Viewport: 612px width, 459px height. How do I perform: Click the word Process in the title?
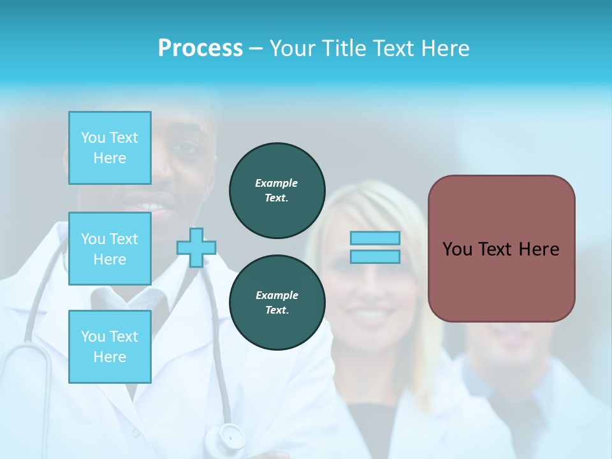pyautogui.click(x=200, y=48)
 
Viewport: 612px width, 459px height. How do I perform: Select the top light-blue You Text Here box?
pyautogui.click(x=110, y=148)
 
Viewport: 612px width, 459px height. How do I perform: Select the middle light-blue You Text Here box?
pyautogui.click(x=110, y=249)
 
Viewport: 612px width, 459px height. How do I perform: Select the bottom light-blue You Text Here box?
pyautogui.click(x=110, y=346)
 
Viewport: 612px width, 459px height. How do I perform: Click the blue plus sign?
pyautogui.click(x=196, y=247)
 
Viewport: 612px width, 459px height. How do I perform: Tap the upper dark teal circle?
pyautogui.click(x=277, y=191)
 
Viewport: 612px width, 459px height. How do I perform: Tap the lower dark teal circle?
pyautogui.click(x=277, y=303)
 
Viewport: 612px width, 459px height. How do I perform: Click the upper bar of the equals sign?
pyautogui.click(x=375, y=238)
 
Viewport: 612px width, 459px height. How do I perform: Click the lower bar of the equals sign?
pyautogui.click(x=375, y=256)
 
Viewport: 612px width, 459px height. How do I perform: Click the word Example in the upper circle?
pyautogui.click(x=277, y=183)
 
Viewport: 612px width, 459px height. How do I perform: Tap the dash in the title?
pyautogui.click(x=256, y=48)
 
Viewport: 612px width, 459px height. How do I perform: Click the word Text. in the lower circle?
pyautogui.click(x=277, y=310)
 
